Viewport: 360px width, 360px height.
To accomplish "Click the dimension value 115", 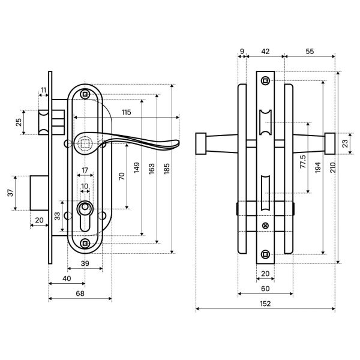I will coord(125,112).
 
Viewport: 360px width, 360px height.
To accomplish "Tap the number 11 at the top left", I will coord(43,91).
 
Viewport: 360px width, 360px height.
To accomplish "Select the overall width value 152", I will coord(265,304).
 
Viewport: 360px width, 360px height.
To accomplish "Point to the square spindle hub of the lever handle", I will coord(84,143).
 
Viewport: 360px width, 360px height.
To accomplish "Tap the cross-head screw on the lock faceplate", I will coord(266,226).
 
